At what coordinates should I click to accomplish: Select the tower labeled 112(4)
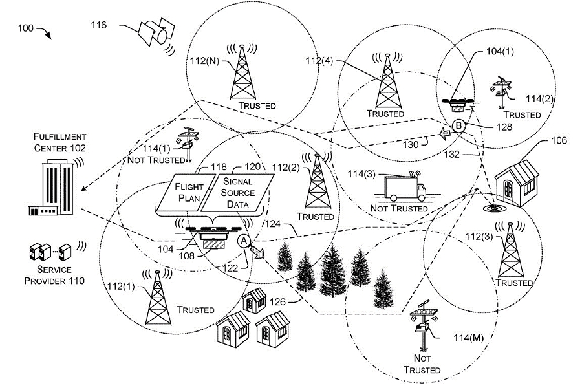point(387,81)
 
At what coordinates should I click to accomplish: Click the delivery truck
point(403,188)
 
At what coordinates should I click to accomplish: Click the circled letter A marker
point(242,241)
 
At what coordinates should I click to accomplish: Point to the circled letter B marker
point(458,126)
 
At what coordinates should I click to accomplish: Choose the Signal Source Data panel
point(236,192)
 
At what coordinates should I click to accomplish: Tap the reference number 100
point(26,28)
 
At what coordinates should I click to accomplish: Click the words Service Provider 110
point(54,275)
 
